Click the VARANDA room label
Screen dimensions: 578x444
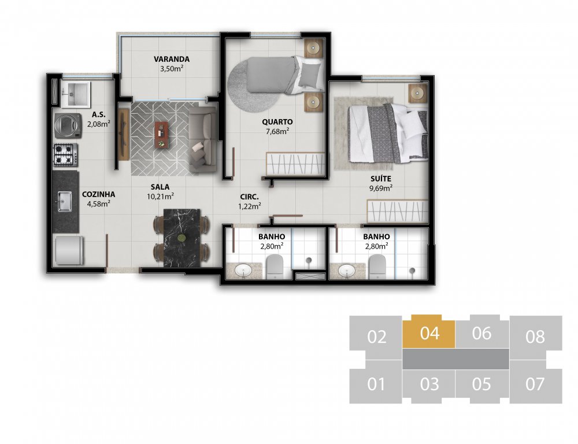coord(172,59)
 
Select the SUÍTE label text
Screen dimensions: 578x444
coord(381,179)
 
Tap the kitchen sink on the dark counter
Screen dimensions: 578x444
coord(65,201)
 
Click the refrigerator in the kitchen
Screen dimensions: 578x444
coord(69,250)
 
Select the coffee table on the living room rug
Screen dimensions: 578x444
coord(161,135)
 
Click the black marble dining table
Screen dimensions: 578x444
coord(181,238)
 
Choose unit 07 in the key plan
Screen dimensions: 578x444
coord(535,385)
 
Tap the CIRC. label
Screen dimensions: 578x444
coord(250,197)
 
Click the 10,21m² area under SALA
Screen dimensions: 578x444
coord(160,196)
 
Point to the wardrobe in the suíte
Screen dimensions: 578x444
coord(398,212)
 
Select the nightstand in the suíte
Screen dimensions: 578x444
coord(418,93)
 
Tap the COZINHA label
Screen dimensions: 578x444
coord(98,194)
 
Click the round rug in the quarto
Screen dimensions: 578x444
coord(254,85)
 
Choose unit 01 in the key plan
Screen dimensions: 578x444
coord(376,385)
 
